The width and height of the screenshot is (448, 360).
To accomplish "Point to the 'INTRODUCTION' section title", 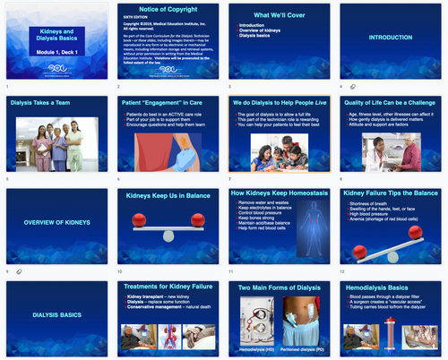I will tap(391, 39).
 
